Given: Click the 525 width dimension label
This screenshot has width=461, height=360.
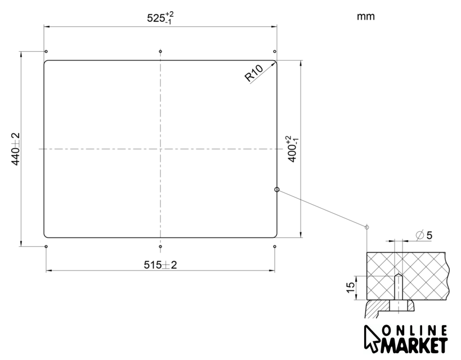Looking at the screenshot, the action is (160, 18).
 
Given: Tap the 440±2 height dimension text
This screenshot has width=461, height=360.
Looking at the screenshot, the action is (15, 149).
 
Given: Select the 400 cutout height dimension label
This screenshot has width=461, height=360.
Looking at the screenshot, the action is (293, 148).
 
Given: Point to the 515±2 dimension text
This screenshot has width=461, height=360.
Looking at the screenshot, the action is (160, 265).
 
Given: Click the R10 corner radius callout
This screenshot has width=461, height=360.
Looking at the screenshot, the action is (254, 73).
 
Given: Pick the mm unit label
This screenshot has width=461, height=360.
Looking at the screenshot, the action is (366, 16).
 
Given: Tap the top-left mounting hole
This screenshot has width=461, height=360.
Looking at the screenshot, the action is (46, 51).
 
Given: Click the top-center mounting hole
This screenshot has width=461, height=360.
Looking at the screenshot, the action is (160, 51).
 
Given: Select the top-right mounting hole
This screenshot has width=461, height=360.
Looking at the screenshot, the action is (275, 51).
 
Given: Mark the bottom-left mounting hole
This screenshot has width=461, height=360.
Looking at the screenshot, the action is (46, 246).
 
